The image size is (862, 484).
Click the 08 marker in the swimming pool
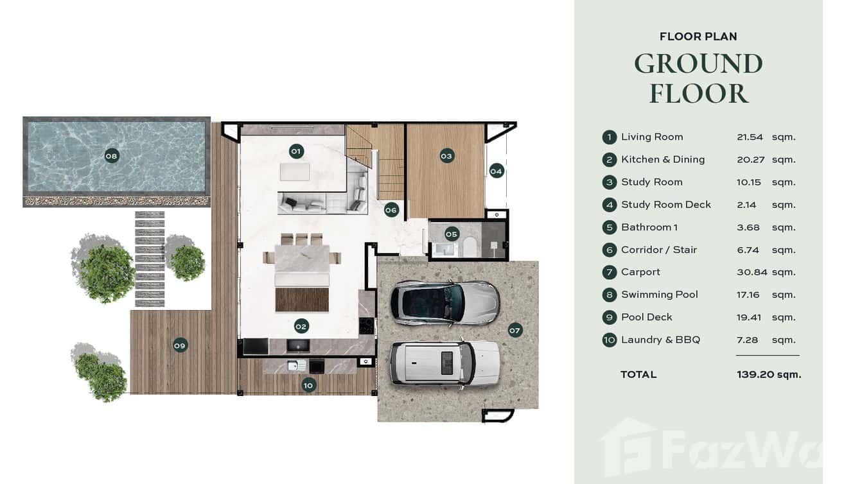(x=112, y=155)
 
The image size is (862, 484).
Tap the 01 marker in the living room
(x=295, y=151)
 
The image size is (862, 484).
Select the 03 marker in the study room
(x=446, y=155)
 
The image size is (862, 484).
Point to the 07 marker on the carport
(x=515, y=330)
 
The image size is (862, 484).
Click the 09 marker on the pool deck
(x=180, y=345)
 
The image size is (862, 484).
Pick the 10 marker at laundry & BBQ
(x=308, y=385)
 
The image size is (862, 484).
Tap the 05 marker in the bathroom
(x=452, y=234)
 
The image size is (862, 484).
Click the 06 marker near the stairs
(x=391, y=209)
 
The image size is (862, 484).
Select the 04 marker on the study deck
(x=496, y=171)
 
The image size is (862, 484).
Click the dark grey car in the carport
(x=444, y=302)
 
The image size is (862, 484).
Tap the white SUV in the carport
(x=444, y=363)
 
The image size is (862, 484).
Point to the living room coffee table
(x=294, y=171)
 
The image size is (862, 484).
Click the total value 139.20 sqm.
(x=769, y=374)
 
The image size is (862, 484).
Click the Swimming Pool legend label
(x=659, y=295)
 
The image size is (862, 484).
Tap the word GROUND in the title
(x=698, y=64)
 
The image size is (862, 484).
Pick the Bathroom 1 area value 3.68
(x=748, y=227)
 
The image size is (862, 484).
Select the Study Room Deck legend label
(x=665, y=205)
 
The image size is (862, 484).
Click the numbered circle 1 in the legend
(x=609, y=137)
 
